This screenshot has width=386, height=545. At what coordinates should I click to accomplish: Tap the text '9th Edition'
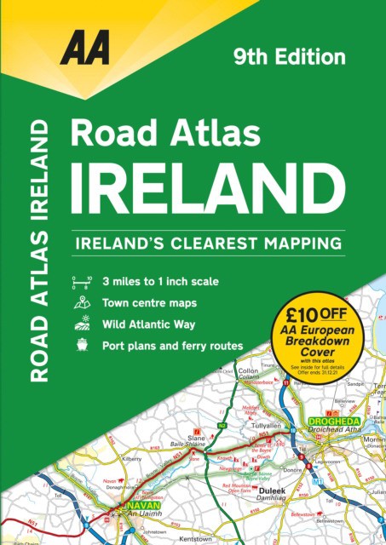pyautogui.click(x=290, y=58)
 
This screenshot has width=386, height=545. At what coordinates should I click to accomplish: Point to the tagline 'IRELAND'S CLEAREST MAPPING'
pyautogui.click(x=208, y=243)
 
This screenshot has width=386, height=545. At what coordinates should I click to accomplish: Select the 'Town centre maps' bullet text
pyautogui.click(x=149, y=302)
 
